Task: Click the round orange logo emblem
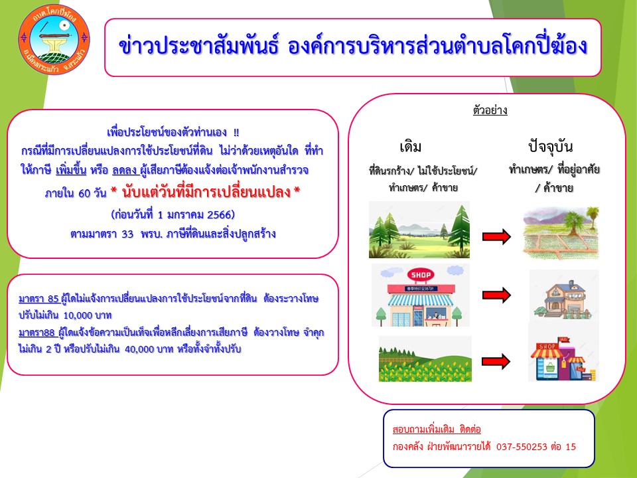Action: coord(54,39)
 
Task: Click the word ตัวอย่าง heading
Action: coord(490,111)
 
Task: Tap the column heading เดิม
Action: coord(410,146)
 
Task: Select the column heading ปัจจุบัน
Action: coord(551,146)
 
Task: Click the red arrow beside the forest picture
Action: coord(496,236)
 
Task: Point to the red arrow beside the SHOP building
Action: coord(496,295)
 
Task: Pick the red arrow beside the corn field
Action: coord(496,361)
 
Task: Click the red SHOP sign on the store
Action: coord(421,275)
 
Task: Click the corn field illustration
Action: coord(425,358)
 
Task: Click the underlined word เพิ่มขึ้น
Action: coord(71,170)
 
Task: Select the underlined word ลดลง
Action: coord(124,170)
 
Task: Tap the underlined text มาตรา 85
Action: coord(39,299)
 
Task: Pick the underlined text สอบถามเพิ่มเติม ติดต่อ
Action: coord(437,430)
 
